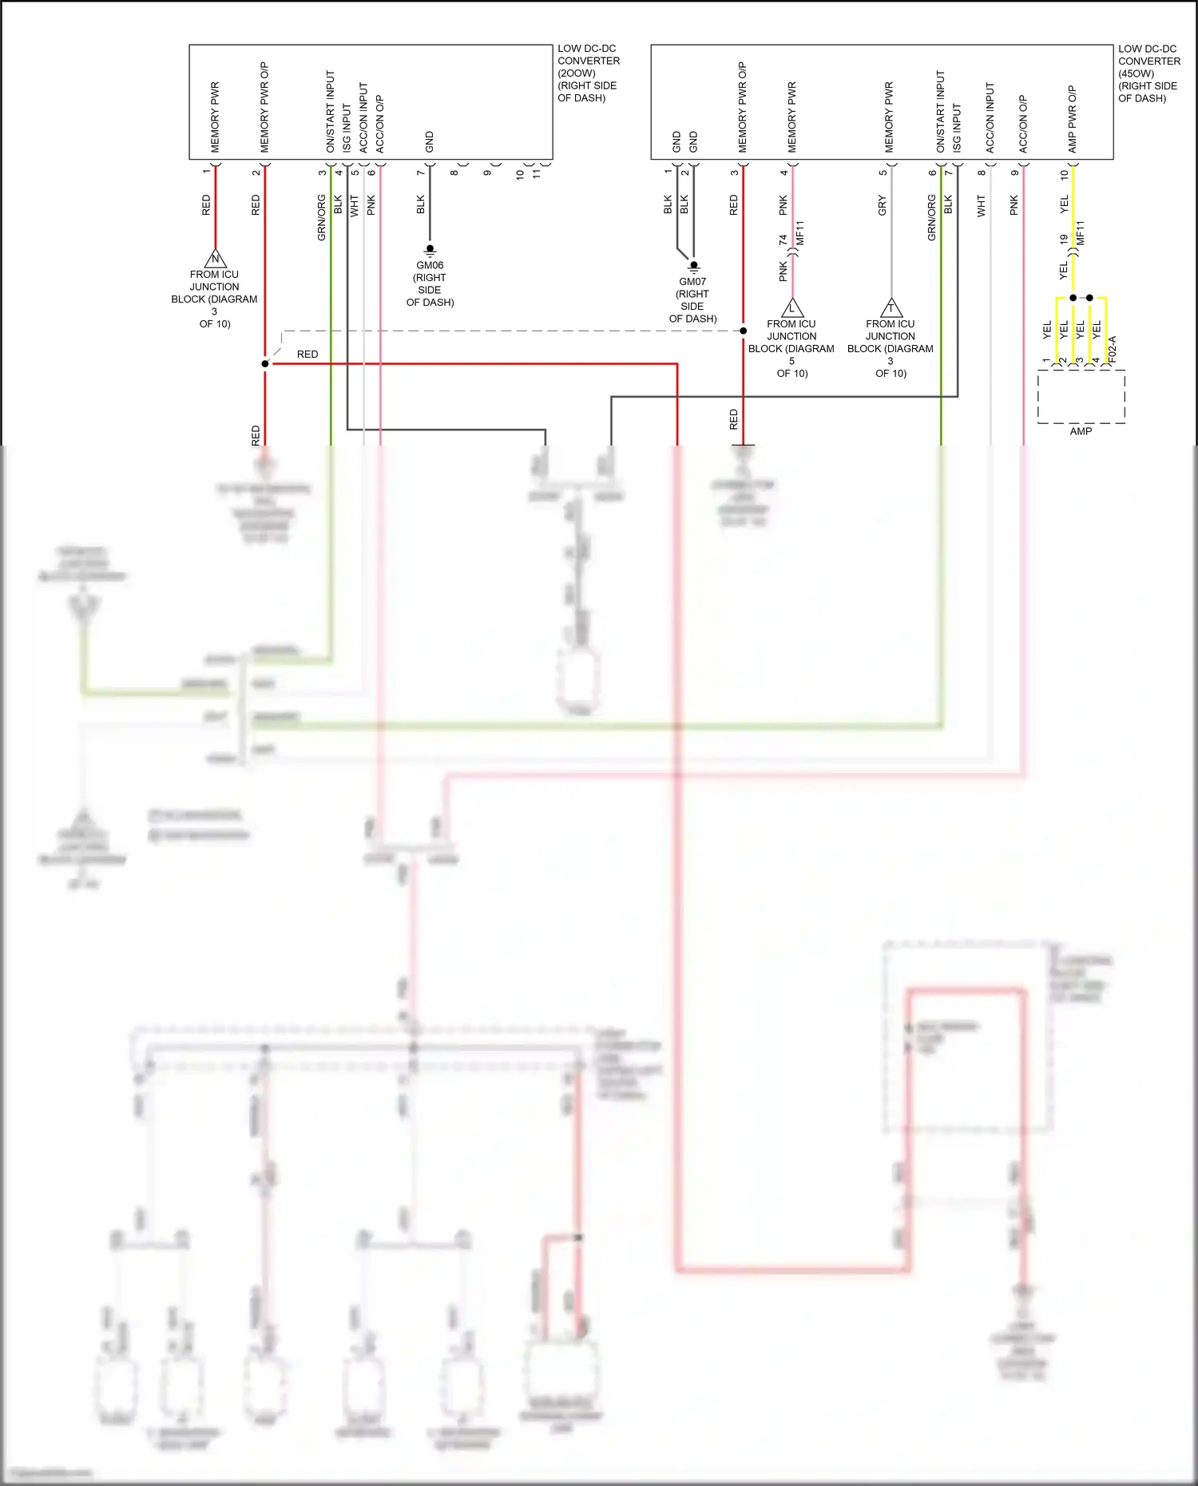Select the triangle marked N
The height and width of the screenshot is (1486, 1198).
click(215, 259)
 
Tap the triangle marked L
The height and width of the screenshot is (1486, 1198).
click(791, 308)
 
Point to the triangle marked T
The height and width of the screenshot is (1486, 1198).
click(891, 308)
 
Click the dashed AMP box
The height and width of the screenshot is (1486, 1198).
click(1081, 397)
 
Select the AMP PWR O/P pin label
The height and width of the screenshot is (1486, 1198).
click(1073, 119)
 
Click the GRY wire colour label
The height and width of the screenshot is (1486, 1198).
click(883, 205)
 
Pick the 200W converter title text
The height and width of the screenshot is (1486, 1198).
click(588, 73)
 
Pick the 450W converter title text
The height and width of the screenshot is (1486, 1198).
click(1148, 73)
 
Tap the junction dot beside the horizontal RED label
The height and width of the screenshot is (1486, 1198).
click(265, 364)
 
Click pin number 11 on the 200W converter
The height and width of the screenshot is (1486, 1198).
click(537, 172)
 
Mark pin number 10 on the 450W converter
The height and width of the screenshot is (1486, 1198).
click(1064, 173)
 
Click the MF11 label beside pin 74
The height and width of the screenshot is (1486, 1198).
click(800, 233)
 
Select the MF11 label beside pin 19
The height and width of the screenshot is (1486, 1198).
click(1081, 233)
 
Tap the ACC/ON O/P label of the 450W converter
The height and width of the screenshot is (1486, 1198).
click(1023, 124)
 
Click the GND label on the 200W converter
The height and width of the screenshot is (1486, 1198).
click(429, 142)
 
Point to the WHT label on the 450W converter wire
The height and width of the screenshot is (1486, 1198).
click(982, 205)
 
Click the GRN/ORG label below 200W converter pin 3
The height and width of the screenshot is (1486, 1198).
click(322, 217)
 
